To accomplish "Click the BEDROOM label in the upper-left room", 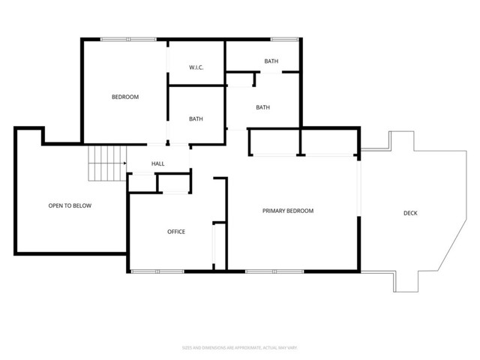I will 125,97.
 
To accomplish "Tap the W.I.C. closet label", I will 196,67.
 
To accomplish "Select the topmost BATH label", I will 271,61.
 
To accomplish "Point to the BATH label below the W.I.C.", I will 196,118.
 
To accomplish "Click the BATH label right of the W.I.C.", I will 262,107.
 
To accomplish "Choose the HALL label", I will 157,164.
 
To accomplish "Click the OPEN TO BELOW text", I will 70,205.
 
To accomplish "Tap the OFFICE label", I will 175,232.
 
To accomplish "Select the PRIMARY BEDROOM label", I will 288,211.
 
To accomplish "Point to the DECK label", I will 410,214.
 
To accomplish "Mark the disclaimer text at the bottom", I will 240,347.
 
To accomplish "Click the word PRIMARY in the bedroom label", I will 274,211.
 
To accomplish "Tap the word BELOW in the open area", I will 82,205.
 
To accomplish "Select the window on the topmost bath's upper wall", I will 282,40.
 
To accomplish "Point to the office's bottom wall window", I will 155,270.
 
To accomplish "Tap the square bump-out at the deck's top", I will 401,142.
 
